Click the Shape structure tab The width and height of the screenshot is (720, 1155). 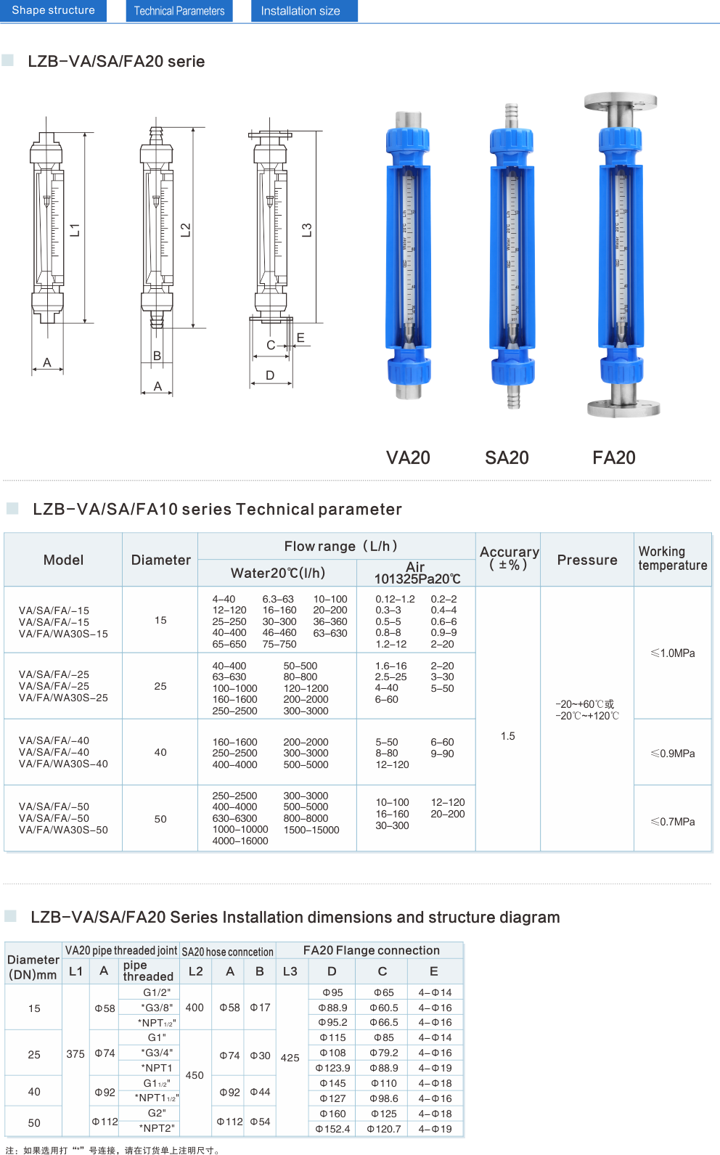53,11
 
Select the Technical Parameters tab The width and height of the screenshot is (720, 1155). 179,11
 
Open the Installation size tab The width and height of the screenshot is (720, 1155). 300,11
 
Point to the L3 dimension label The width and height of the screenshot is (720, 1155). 306,230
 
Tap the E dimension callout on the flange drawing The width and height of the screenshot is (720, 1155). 300,338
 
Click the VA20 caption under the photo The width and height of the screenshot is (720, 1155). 408,457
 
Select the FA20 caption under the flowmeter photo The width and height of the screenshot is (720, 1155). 614,457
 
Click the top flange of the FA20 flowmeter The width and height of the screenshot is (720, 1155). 621,101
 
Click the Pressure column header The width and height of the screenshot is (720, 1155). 587,560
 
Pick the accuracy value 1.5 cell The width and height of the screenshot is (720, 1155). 508,736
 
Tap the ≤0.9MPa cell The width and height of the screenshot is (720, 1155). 673,754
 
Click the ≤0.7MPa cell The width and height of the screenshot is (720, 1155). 673,822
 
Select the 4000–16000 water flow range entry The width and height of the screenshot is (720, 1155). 240,841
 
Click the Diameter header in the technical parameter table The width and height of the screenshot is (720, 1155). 160,560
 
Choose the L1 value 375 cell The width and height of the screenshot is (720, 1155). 75,1054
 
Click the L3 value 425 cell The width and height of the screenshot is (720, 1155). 290,1058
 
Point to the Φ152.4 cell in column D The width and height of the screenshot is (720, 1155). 332,1129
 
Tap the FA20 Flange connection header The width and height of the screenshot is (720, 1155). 371,950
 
